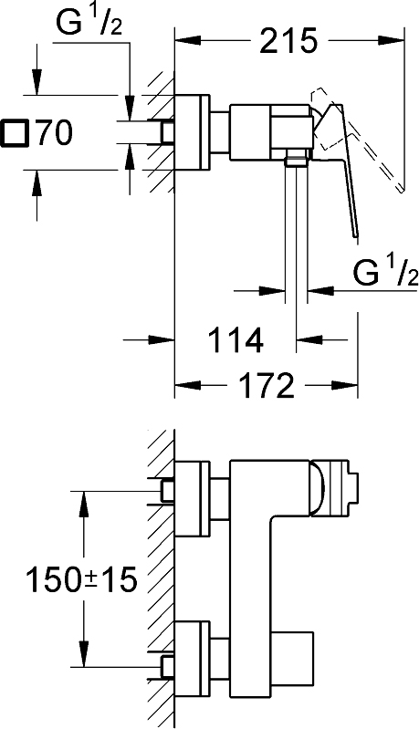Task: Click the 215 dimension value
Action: (288, 41)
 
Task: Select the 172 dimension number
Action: (266, 385)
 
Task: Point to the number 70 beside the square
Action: (55, 132)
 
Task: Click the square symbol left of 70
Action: (16, 133)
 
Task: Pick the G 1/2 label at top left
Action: (89, 22)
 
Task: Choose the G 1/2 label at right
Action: (385, 273)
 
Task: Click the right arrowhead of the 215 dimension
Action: (390, 41)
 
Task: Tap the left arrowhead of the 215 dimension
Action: (188, 41)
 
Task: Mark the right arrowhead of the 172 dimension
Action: (344, 385)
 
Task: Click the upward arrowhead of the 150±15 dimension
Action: (84, 504)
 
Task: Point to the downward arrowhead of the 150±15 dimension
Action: (84, 653)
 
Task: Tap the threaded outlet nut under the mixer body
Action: (297, 158)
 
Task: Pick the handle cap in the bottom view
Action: (335, 488)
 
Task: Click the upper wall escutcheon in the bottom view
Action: (193, 497)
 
